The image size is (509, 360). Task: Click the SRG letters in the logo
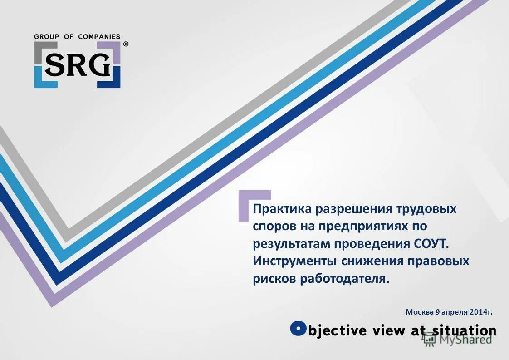(x=78, y=65)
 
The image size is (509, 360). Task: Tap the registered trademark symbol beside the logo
(x=126, y=44)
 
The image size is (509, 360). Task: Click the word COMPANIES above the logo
(x=99, y=37)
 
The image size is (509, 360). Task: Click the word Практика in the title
(x=282, y=209)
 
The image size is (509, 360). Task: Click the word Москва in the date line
(x=419, y=312)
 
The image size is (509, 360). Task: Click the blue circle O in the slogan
(x=298, y=328)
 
